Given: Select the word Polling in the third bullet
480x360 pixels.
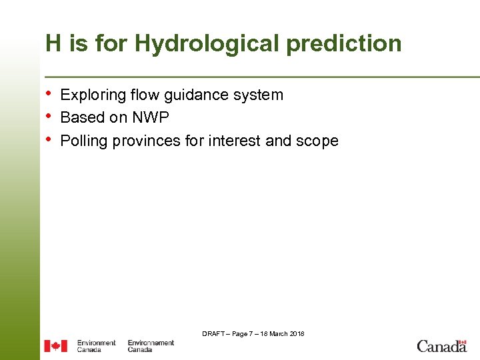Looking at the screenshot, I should click(x=84, y=141).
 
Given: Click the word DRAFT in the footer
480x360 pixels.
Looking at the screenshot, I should click(x=214, y=333).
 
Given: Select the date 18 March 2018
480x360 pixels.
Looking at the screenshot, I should click(x=283, y=333).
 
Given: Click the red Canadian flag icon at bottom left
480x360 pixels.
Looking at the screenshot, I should click(x=56, y=346).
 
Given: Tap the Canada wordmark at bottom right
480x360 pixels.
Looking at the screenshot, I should click(x=441, y=345).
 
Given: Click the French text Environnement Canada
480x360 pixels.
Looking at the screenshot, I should click(x=151, y=346).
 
